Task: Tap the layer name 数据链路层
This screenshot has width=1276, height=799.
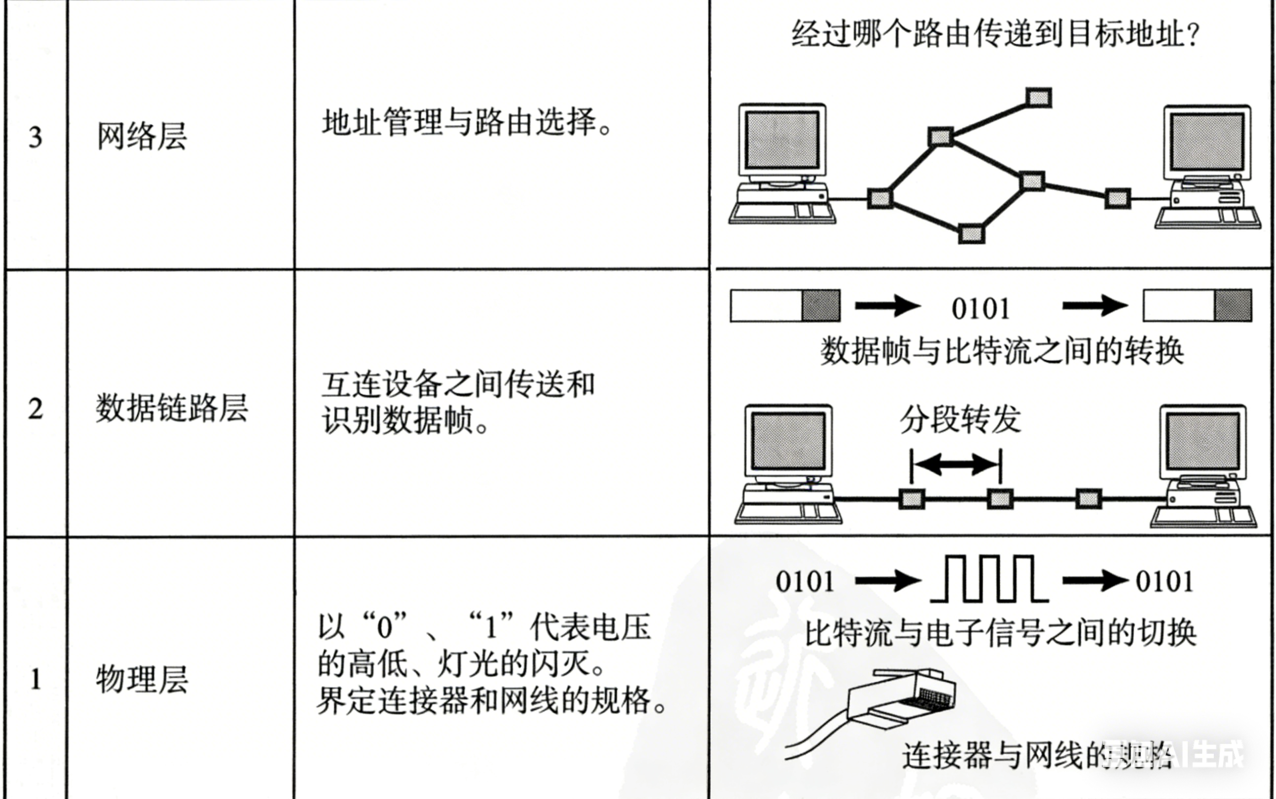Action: click(172, 408)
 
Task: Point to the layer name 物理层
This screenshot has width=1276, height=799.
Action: click(142, 680)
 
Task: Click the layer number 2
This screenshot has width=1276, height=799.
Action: click(36, 409)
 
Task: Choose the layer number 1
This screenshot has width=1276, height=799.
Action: click(36, 680)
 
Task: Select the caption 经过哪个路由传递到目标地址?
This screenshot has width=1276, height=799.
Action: click(995, 35)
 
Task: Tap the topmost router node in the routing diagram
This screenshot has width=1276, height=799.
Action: click(1038, 98)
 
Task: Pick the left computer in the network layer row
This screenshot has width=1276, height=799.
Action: click(782, 164)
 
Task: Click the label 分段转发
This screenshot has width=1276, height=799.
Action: click(960, 420)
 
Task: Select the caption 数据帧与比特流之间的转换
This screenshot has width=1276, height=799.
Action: click(1002, 351)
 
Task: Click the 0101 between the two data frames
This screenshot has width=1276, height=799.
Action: click(981, 309)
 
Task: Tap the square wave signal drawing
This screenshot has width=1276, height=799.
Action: click(989, 579)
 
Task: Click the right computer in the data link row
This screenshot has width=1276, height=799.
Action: click(1203, 465)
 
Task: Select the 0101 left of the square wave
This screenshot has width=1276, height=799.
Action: click(804, 582)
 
